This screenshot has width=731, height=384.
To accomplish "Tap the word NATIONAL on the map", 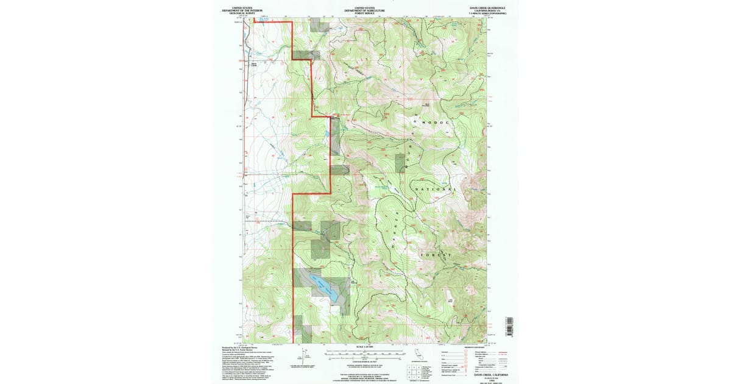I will pos(434,190).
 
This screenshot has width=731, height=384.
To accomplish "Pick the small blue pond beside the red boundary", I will pos(326,133).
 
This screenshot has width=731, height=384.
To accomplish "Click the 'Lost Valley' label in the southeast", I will pos(451,300).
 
